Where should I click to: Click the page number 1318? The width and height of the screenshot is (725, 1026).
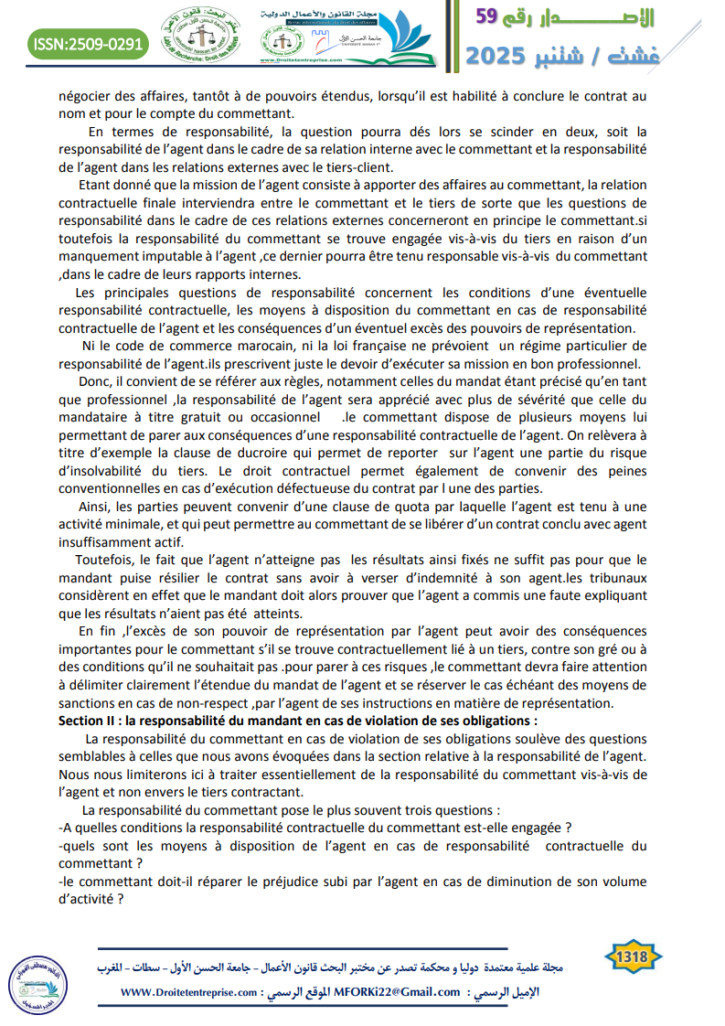[634, 957]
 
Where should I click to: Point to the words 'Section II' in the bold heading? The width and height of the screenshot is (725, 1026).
[92, 720]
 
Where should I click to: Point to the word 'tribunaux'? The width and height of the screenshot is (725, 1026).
[614, 578]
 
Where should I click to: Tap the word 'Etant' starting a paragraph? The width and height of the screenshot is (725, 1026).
[96, 184]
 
